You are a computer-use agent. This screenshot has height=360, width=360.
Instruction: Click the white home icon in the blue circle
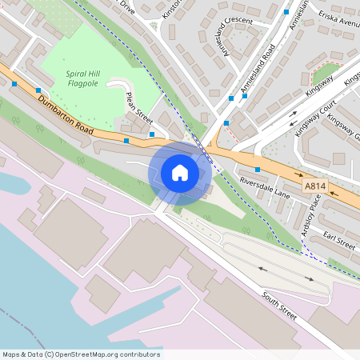(x=180, y=172)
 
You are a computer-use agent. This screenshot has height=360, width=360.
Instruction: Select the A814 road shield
(x=314, y=186)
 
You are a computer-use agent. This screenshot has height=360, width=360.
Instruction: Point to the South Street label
(x=278, y=305)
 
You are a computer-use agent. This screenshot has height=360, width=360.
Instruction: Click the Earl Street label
(x=340, y=240)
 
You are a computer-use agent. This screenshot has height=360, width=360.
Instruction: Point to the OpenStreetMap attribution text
(x=81, y=354)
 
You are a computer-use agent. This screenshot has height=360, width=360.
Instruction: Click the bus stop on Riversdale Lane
(x=258, y=170)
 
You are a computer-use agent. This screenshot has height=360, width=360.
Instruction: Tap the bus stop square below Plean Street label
(x=152, y=134)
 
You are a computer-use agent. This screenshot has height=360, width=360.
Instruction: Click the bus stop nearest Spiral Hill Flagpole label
(x=38, y=90)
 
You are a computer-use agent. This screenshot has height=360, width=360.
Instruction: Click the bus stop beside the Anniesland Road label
(x=231, y=98)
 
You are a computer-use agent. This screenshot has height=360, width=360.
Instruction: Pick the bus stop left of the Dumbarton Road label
(x=15, y=82)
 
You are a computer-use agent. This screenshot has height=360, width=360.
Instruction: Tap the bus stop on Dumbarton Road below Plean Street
(x=126, y=141)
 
